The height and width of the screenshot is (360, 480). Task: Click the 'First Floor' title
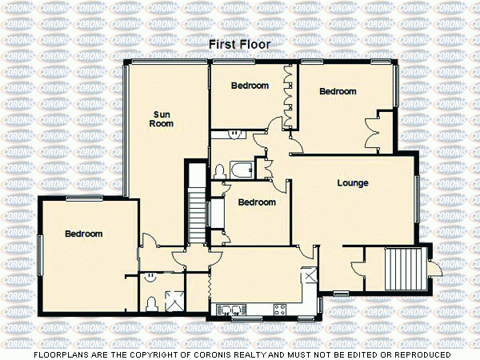[239, 45]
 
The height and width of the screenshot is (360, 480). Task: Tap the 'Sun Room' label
[162, 118]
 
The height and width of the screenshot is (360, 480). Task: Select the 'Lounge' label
[352, 183]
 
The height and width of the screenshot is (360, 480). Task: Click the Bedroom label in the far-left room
[83, 234]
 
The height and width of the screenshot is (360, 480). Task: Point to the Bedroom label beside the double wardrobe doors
[338, 91]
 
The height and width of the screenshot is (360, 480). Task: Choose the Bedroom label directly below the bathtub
[257, 202]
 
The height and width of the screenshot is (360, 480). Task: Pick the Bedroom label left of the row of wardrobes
[250, 86]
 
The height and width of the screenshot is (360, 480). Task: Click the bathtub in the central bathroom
[238, 170]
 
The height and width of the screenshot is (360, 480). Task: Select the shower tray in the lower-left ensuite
[173, 300]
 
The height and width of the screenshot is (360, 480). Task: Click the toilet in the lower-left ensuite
[151, 302]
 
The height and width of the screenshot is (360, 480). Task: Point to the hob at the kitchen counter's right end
[279, 308]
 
